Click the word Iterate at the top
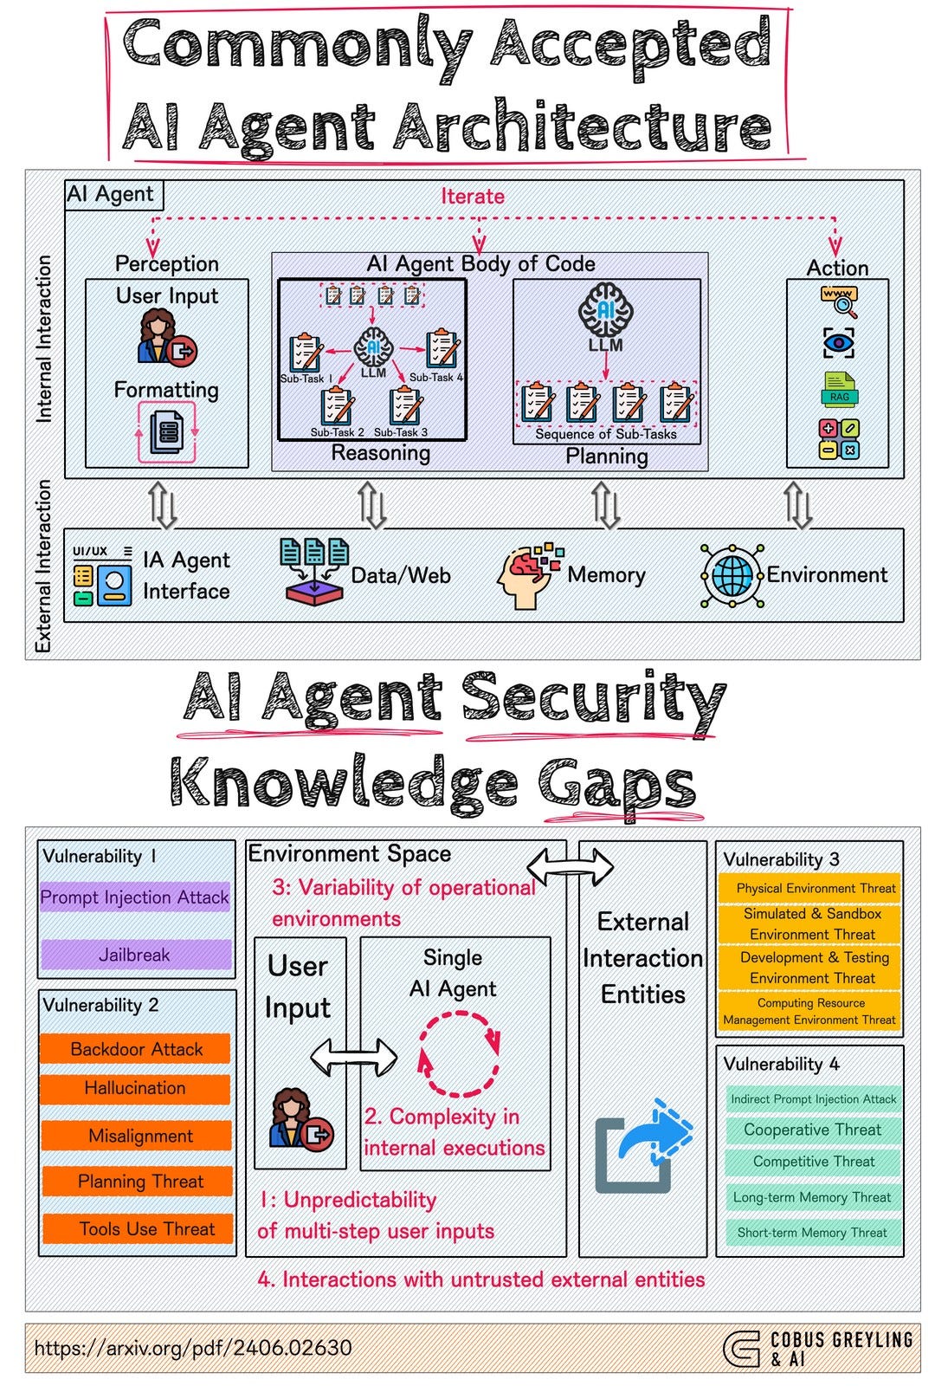point(473,197)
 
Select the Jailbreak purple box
point(135,955)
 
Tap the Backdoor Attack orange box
point(136,1049)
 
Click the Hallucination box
point(135,1088)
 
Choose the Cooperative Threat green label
point(812,1130)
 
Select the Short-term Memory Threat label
point(812,1232)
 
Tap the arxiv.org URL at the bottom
point(193,1348)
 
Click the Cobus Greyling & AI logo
point(817,1349)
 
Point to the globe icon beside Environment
point(732,575)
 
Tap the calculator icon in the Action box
point(839,439)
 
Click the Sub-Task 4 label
point(436,378)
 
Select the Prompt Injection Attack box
point(135,897)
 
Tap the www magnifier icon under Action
point(839,301)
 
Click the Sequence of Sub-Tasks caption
point(606,434)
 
